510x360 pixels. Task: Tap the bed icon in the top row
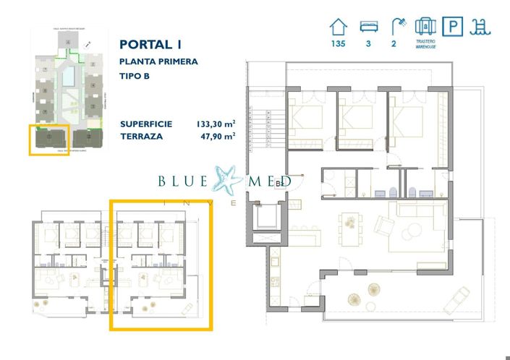tap(367, 27)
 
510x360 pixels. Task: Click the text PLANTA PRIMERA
tap(158, 62)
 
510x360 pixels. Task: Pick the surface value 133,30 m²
tap(216, 124)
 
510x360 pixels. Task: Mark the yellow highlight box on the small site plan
tap(49, 139)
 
